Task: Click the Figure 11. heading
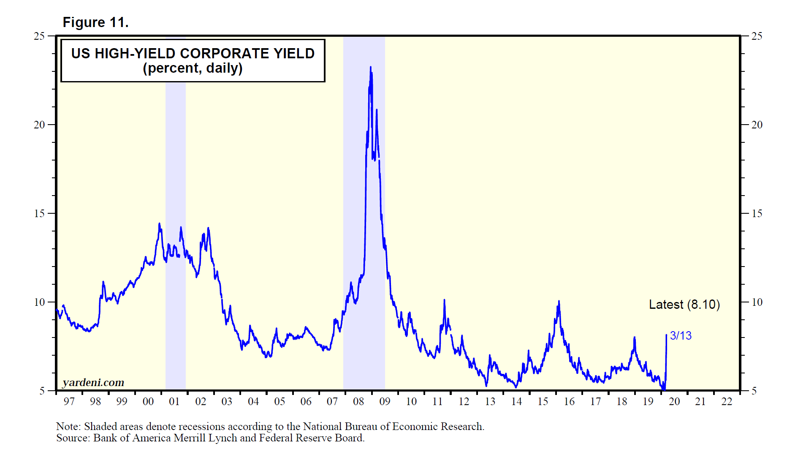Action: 95,22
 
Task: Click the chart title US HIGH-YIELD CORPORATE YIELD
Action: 193,54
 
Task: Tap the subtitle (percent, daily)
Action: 193,68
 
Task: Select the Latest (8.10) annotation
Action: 684,305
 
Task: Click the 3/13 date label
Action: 681,336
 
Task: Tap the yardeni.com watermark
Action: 93,383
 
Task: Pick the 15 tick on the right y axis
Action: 757,214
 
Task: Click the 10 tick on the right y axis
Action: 757,302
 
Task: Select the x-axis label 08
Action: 358,402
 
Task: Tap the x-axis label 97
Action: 69,402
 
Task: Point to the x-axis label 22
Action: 727,402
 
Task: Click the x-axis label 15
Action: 543,402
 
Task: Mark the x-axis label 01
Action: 174,402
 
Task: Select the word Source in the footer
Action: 72,438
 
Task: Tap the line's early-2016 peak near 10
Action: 559,302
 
